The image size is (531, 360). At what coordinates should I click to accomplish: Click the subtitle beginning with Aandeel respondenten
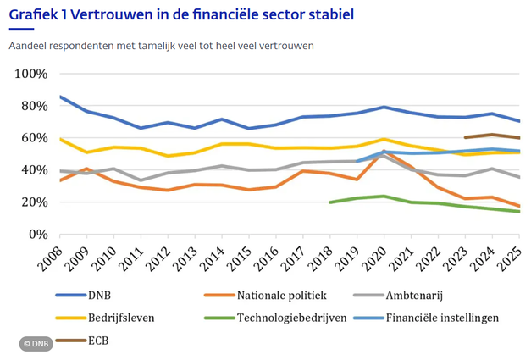coord(162,45)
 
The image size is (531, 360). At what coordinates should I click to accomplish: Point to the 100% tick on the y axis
coord(30,74)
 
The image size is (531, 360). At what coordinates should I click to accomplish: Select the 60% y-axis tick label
coord(33,138)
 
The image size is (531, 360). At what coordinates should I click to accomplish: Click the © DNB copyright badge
coord(37,344)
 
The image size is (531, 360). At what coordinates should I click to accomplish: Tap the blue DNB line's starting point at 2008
coord(60,97)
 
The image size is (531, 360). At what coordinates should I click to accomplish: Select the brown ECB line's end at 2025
coord(518,138)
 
